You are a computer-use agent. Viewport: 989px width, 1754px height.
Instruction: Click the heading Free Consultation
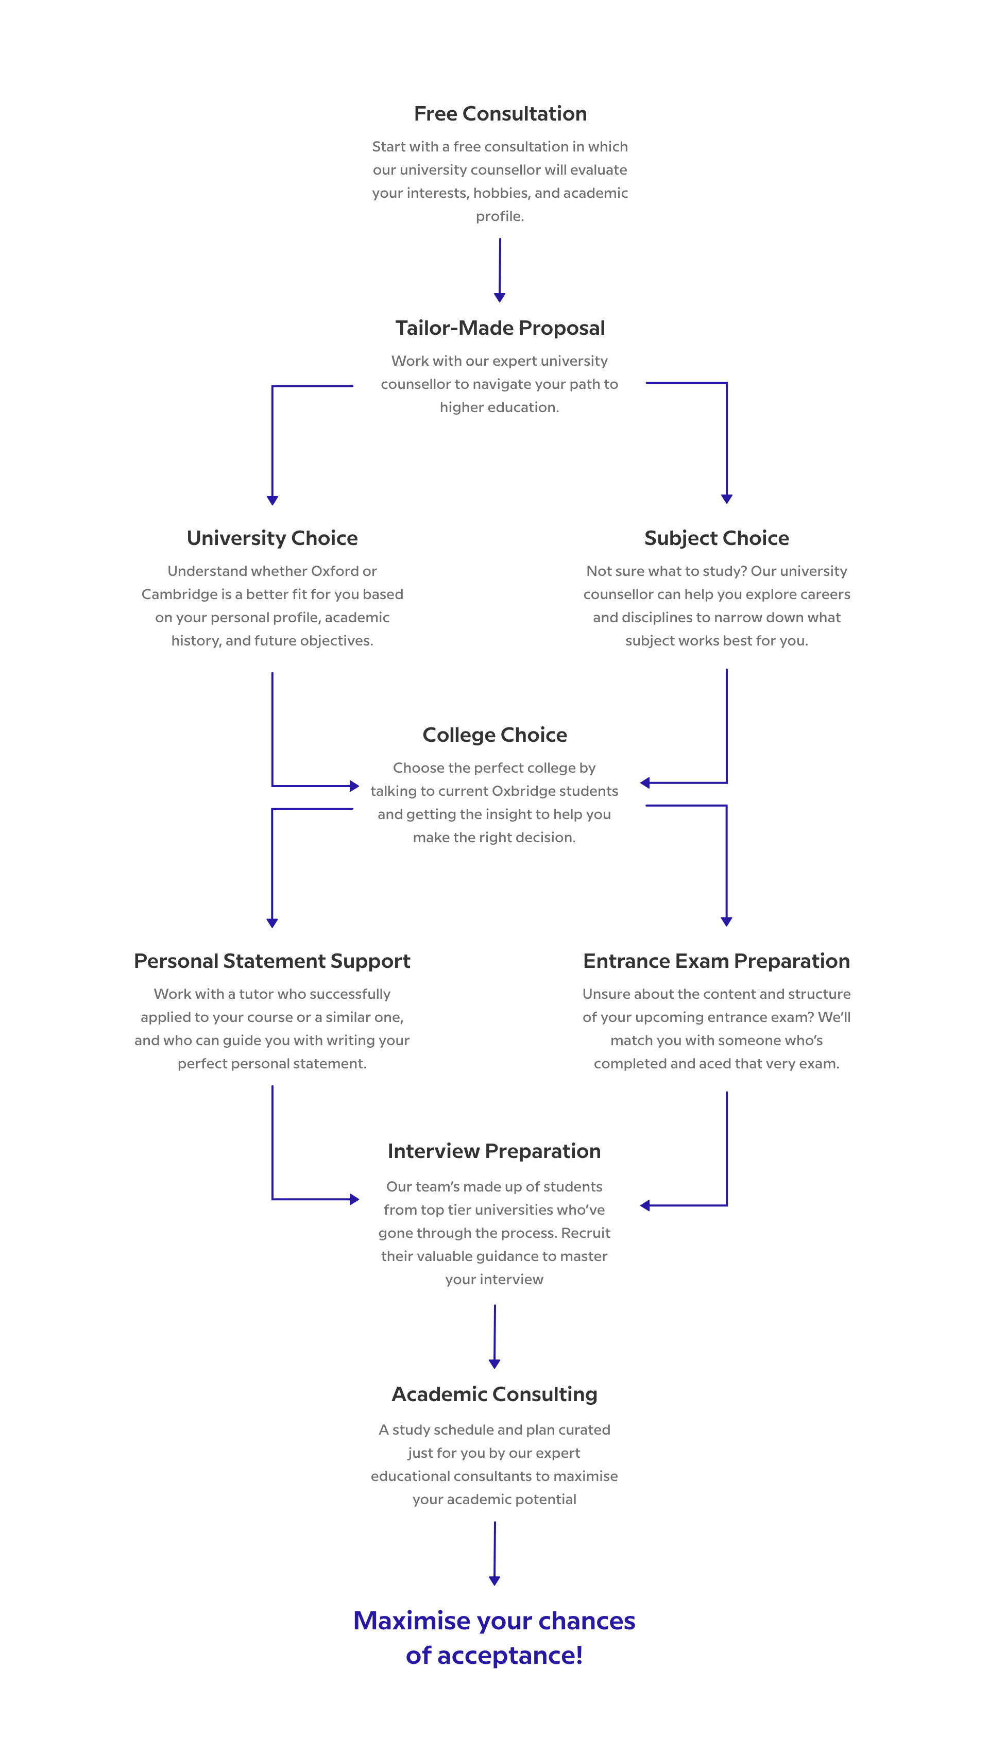[500, 114]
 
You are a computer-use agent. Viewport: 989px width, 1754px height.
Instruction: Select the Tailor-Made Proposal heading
[500, 328]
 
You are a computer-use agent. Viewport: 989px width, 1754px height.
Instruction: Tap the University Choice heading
[272, 538]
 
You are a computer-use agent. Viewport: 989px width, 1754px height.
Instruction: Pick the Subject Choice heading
[717, 538]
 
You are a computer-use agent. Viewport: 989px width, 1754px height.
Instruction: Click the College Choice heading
[495, 735]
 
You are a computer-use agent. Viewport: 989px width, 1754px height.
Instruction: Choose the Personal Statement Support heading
[272, 961]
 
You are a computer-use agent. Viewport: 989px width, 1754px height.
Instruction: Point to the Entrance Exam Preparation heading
[717, 961]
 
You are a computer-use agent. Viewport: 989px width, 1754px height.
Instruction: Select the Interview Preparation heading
[494, 1151]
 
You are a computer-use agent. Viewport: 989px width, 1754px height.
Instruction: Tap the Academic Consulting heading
[495, 1394]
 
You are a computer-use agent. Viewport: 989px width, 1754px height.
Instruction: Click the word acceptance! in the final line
[510, 1655]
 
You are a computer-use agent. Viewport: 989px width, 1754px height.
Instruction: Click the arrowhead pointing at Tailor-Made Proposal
[500, 298]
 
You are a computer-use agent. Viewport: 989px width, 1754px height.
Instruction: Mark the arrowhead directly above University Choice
[272, 501]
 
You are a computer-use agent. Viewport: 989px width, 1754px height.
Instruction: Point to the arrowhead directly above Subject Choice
[727, 499]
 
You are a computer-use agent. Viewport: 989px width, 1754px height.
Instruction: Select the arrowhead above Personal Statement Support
[272, 923]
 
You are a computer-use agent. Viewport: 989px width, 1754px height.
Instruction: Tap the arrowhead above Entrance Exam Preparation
[727, 922]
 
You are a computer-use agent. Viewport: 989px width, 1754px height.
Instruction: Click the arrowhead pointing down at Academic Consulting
[495, 1364]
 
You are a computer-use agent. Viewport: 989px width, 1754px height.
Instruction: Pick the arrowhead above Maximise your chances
[495, 1581]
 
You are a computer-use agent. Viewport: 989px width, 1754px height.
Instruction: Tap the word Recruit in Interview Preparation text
[585, 1233]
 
